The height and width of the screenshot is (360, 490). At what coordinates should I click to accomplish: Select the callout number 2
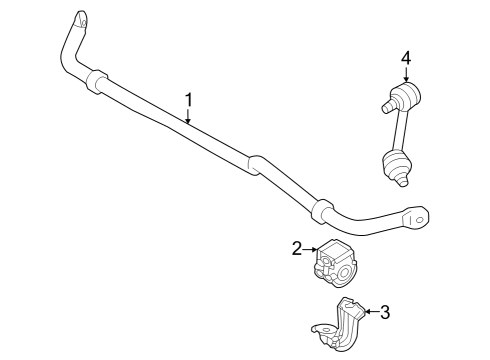click(x=297, y=249)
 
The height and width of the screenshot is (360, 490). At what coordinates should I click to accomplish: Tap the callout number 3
click(x=384, y=313)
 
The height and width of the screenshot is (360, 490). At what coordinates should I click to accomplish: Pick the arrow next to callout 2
click(x=311, y=249)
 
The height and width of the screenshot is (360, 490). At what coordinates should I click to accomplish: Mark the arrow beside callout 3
click(x=368, y=313)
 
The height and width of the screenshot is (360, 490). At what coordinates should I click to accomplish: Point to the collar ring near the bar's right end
click(x=319, y=213)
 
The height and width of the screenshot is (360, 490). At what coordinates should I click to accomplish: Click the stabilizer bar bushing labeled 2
click(x=336, y=263)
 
